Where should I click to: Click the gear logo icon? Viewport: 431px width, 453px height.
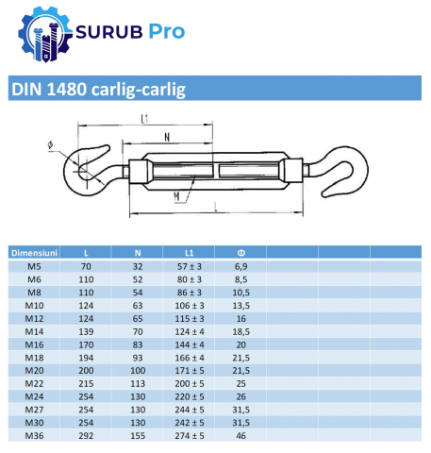coord(45,34)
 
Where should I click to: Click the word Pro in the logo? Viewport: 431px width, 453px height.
coord(166,31)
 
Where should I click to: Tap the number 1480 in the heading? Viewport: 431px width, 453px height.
coord(67,89)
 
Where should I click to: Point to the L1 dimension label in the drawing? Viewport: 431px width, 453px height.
coord(144,119)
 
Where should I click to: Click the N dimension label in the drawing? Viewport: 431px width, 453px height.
coord(167,137)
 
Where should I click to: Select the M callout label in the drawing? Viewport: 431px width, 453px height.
coord(176,196)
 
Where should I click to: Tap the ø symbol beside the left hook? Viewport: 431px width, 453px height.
coord(50,145)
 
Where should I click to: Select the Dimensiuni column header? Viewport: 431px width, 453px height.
coord(34,253)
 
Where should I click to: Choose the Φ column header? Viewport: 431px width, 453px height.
coord(241,253)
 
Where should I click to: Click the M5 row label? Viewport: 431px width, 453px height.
coord(34,266)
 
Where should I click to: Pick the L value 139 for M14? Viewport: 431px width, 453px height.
coord(86,331)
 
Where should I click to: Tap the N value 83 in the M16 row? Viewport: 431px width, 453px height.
coord(138,344)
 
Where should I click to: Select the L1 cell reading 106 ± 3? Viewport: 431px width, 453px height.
coord(190,306)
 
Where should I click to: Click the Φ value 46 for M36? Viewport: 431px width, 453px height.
coord(241,436)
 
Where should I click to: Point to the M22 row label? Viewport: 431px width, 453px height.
coord(34,384)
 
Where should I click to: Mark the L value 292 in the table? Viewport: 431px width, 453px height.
coord(86,436)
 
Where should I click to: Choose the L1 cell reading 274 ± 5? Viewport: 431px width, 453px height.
coord(190,436)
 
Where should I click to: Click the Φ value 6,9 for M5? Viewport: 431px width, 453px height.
coord(241,266)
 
